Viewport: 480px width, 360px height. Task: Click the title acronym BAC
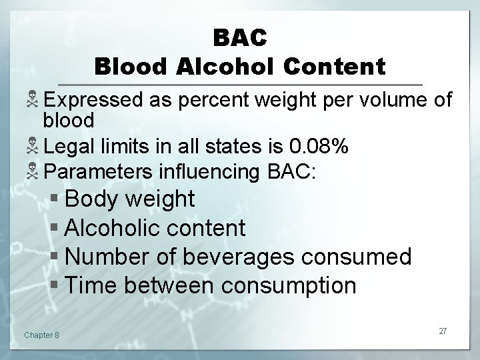pyautogui.click(x=240, y=37)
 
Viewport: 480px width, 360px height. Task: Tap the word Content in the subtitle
pyautogui.click(x=335, y=67)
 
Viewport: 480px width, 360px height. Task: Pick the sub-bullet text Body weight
pyautogui.click(x=130, y=199)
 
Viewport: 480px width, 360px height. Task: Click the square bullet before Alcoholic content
pyautogui.click(x=56, y=229)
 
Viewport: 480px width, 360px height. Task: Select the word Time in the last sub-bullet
pyautogui.click(x=89, y=286)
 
